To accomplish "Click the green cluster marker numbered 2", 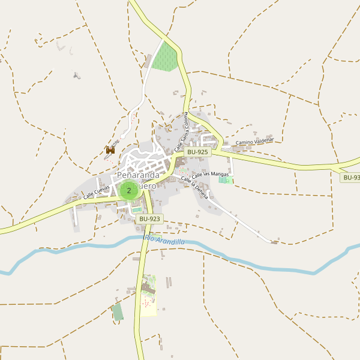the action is coord(128,191).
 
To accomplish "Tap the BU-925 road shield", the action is coord(197,152).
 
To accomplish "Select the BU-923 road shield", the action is coord(149,219).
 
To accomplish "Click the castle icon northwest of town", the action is coord(110,151).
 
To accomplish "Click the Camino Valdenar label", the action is coord(254,142).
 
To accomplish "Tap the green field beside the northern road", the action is coord(165,58).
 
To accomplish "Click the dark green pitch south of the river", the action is coord(118,312).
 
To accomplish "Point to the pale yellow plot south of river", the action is coord(148,305).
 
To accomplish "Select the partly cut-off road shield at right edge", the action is coord(350,178).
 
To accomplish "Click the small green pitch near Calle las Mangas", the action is coord(224,179).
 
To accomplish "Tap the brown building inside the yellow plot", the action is coord(147,290).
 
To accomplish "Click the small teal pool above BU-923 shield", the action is coord(137,209).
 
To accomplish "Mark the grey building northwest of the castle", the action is coord(76,76).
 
